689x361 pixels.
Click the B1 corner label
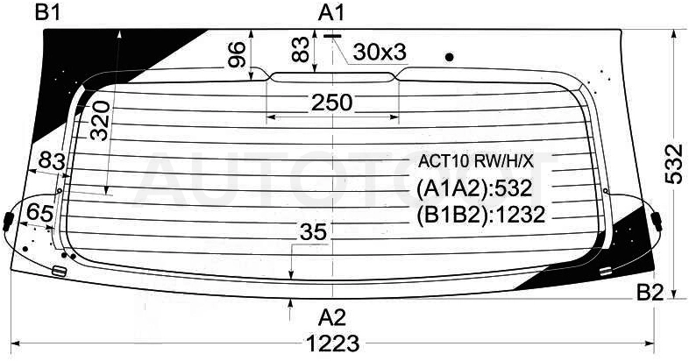47,13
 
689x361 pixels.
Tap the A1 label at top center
331,13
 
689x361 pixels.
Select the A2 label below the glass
331,317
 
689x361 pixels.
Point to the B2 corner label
650,293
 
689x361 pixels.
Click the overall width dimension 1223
332,343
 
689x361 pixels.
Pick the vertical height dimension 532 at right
673,163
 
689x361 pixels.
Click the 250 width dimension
331,103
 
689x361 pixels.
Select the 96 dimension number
237,54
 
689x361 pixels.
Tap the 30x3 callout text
380,53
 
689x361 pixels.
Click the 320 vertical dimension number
100,120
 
